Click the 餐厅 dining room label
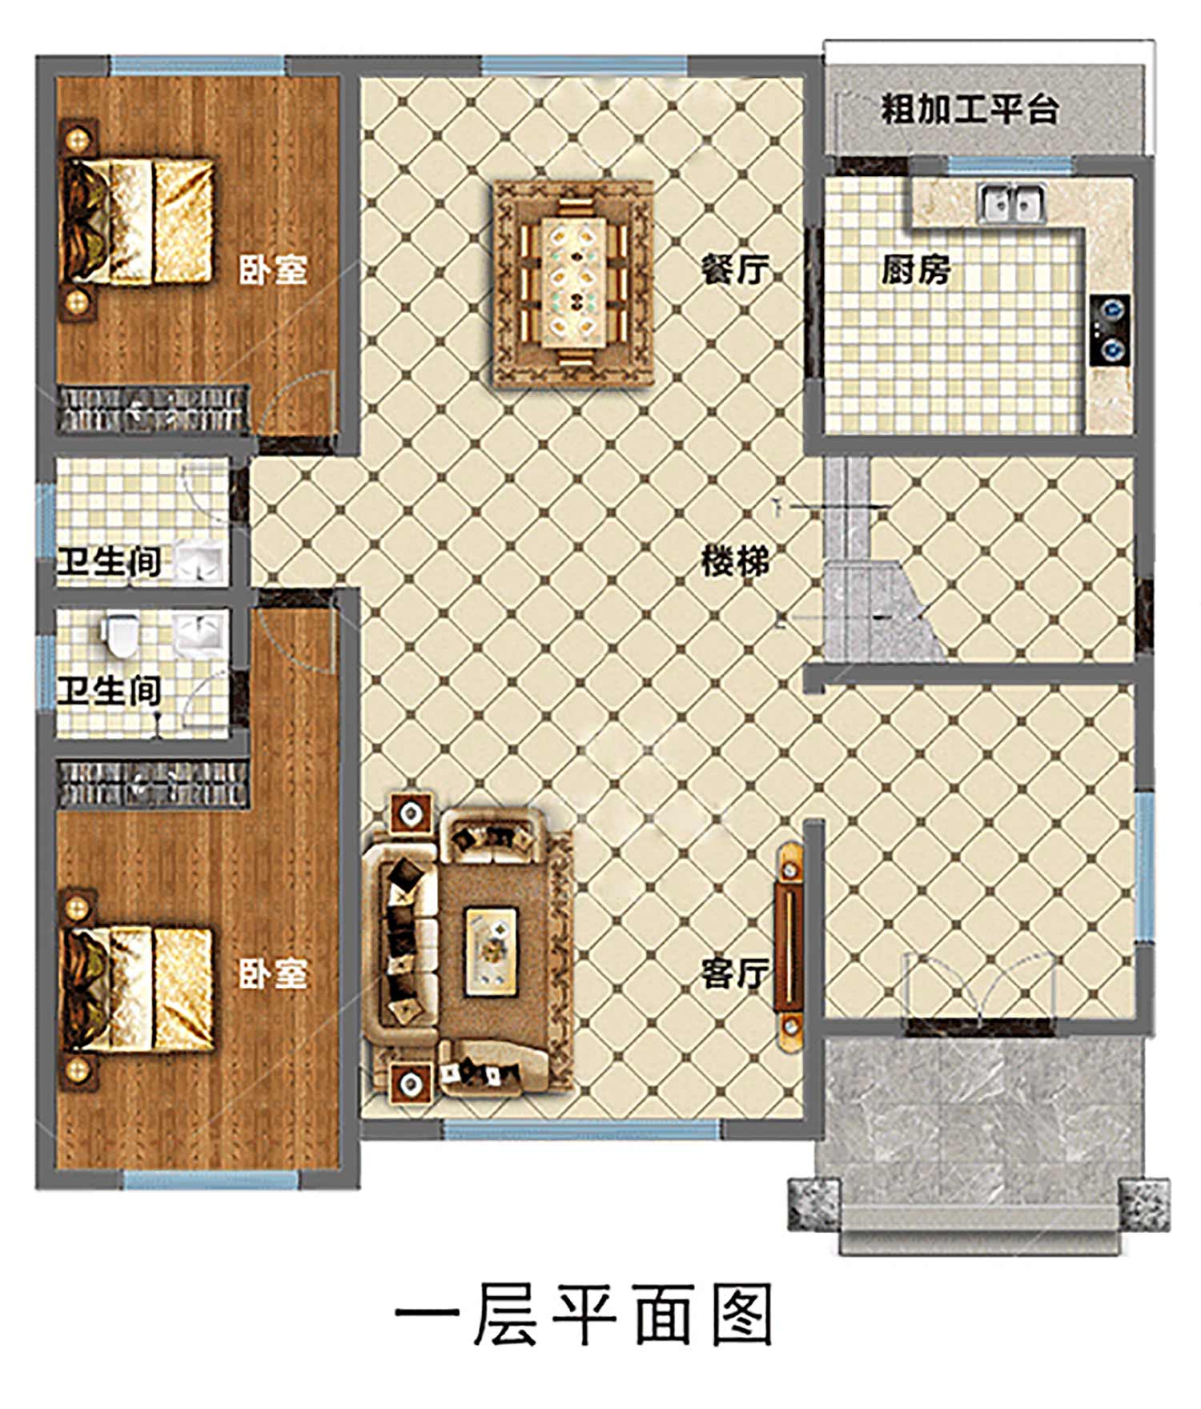[735, 270]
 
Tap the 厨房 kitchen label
[916, 270]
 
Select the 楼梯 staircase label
[735, 561]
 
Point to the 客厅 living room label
[735, 973]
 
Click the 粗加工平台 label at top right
[970, 109]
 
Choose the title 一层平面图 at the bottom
[584, 1314]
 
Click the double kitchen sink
[1012, 203]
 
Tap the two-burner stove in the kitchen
[1110, 330]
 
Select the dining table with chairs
[574, 283]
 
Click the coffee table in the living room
[492, 951]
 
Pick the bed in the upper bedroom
[139, 221]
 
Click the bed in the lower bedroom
[139, 990]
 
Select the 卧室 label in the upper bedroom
[273, 270]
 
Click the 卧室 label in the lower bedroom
[273, 973]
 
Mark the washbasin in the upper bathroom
[199, 560]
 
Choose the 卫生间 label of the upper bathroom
[109, 561]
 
